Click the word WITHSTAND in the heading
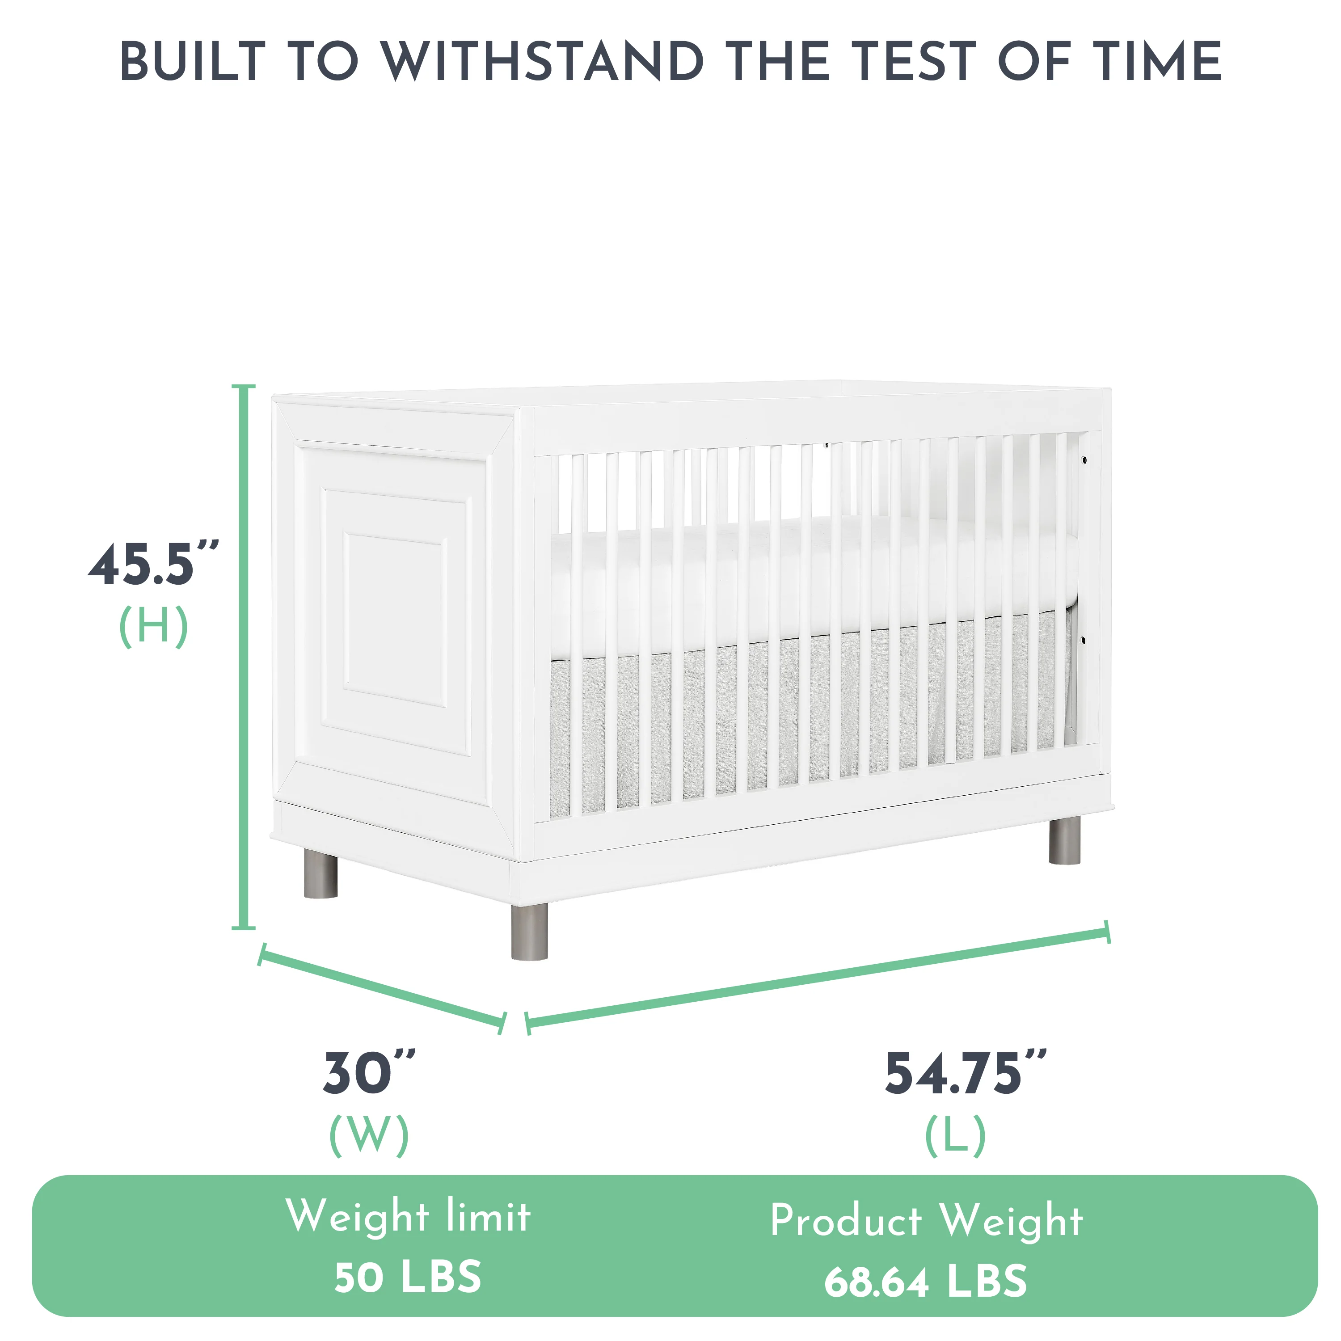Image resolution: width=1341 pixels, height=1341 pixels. tap(543, 61)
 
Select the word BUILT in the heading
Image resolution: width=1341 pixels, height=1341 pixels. tap(193, 61)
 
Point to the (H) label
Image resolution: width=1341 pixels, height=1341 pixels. tap(153, 626)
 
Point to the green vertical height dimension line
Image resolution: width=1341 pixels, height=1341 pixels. tap(243, 657)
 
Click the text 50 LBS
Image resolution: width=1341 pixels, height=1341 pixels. tap(408, 1277)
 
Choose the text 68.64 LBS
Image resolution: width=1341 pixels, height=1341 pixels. tap(926, 1281)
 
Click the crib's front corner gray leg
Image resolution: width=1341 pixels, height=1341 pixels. tap(530, 932)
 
